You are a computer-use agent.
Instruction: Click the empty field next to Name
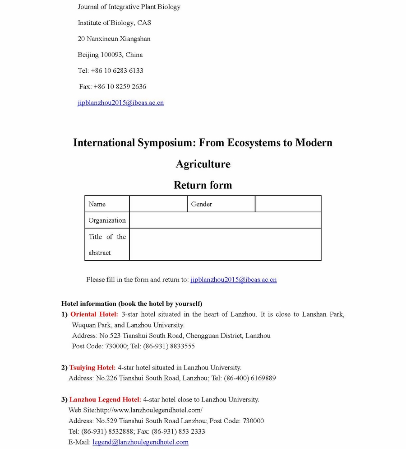tap(158, 204)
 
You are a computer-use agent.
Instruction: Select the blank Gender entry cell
tap(288, 204)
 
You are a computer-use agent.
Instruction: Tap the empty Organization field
tap(225, 220)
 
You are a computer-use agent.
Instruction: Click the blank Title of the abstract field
tap(225, 244)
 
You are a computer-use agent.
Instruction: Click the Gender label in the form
tap(201, 204)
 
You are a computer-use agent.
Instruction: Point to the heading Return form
tap(203, 185)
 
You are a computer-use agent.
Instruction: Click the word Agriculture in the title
tap(203, 164)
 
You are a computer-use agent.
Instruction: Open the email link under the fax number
tap(120, 103)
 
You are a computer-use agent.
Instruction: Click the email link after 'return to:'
tap(233, 280)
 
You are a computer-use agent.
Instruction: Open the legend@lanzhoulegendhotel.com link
tap(140, 442)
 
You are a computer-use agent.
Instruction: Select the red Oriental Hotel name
tap(94, 314)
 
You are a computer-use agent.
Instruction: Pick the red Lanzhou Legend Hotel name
tap(105, 400)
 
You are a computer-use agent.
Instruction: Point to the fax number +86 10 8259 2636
tap(120, 87)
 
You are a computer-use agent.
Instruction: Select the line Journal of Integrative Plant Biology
tap(129, 7)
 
